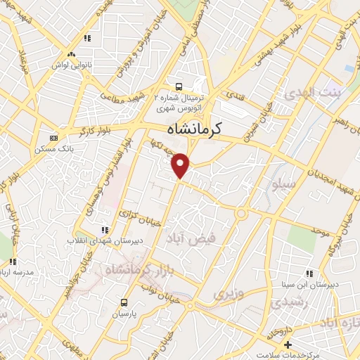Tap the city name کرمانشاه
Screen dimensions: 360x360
[x=194, y=129]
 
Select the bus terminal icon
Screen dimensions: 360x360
[x=179, y=86]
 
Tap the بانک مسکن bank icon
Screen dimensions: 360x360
[x=55, y=137]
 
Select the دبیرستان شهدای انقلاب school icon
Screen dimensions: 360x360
[x=105, y=229]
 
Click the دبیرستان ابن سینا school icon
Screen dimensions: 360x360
[x=308, y=274]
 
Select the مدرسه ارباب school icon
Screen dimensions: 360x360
[x=13, y=262]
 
